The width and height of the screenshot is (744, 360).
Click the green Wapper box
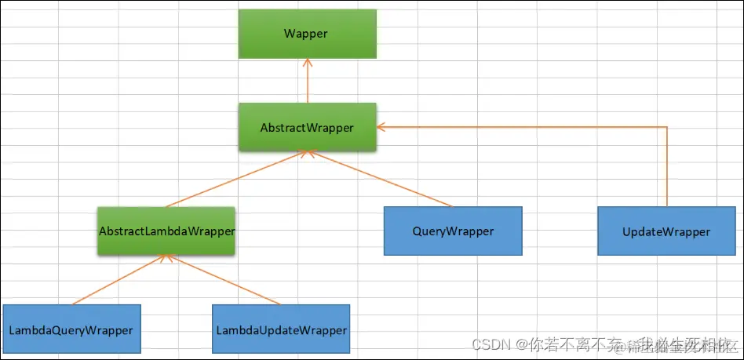(308, 34)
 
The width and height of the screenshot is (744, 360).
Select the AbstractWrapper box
(308, 127)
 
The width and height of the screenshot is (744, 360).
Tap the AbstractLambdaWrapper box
(166, 231)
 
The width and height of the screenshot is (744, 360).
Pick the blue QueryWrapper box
(453, 231)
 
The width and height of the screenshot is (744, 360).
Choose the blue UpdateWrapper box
(666, 231)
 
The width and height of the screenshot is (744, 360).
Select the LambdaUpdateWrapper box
(281, 330)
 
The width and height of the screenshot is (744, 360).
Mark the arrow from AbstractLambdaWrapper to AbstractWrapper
(235, 180)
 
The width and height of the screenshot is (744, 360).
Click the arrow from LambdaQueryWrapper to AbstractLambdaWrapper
(118, 280)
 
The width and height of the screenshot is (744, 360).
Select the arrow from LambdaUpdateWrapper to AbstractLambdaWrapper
(224, 280)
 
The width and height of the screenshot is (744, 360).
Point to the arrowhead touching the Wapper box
(308, 63)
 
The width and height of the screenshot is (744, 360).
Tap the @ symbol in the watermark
(520, 344)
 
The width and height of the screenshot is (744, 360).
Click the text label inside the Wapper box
(308, 34)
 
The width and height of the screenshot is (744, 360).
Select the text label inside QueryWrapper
(453, 231)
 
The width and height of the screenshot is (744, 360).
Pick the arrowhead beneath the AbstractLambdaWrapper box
(166, 259)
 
